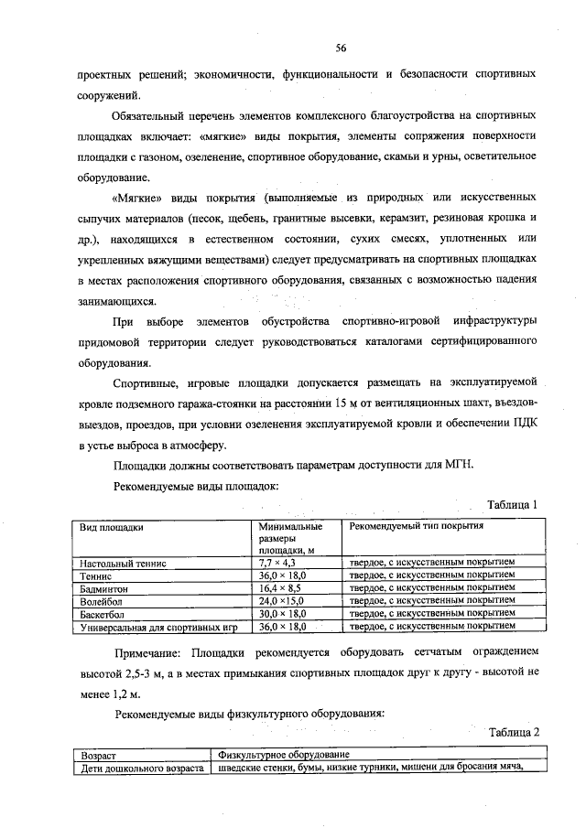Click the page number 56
click(341, 48)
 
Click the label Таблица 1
click(517, 504)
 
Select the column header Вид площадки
click(113, 528)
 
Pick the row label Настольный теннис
click(124, 564)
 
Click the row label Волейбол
click(103, 602)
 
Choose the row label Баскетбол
click(104, 615)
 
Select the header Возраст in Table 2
click(99, 755)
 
